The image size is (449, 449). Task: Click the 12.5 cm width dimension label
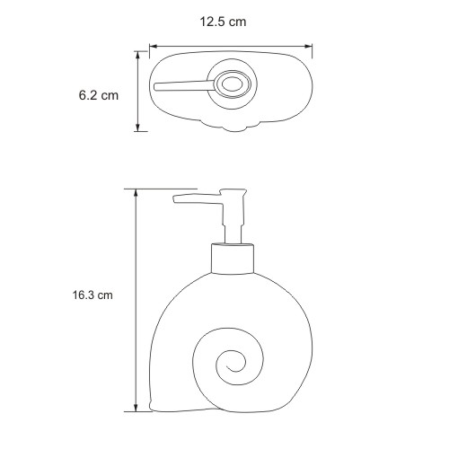pos(223,22)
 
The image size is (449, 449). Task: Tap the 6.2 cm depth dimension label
pos(99,95)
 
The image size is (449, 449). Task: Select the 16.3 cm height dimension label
pos(92,295)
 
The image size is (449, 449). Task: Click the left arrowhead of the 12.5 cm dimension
pos(154,47)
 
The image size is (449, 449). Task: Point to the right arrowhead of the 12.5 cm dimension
pos(308,47)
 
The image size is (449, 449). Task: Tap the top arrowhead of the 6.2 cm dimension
pos(137,56)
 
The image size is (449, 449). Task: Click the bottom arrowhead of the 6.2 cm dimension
pos(137,127)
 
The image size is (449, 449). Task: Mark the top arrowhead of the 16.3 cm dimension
pos(136,193)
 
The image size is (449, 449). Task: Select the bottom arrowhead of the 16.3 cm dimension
pos(136,408)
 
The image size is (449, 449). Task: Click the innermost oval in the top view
pos(233,84)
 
